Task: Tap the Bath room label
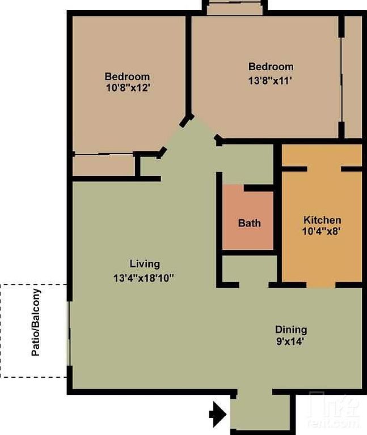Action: click(250, 223)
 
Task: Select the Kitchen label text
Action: click(322, 220)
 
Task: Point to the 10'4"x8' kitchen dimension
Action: click(322, 231)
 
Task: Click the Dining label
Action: click(291, 330)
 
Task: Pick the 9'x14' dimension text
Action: click(289, 342)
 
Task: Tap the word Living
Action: click(145, 264)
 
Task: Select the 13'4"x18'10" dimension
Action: click(144, 278)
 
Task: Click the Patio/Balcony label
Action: click(36, 322)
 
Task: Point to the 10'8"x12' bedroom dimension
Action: click(128, 88)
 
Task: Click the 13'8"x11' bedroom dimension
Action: click(270, 81)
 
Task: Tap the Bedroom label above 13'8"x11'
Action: click(271, 67)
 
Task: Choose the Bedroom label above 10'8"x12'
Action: click(127, 76)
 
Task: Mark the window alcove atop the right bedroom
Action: click(235, 9)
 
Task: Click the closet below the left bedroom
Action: click(104, 165)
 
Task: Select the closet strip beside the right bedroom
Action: click(353, 77)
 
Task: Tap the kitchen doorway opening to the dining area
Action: click(321, 285)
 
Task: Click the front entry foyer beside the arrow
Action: click(260, 412)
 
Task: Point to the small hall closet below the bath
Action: click(250, 268)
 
